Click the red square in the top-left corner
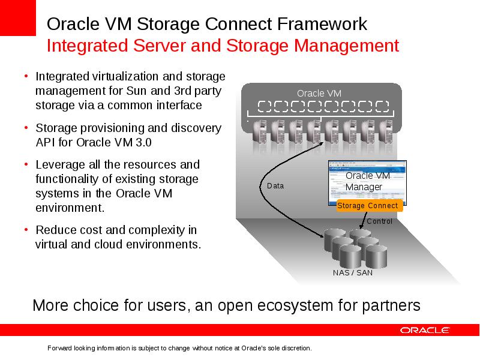18,18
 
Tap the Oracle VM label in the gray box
319,94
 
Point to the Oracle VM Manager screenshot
367,183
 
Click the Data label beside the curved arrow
275,186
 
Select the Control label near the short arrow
379,221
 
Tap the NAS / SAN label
353,272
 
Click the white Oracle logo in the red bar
425,330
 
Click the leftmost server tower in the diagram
260,131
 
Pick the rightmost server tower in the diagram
386,131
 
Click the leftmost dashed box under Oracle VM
265,107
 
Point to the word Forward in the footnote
59,348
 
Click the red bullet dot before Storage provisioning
26,127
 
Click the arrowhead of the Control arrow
361,227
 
